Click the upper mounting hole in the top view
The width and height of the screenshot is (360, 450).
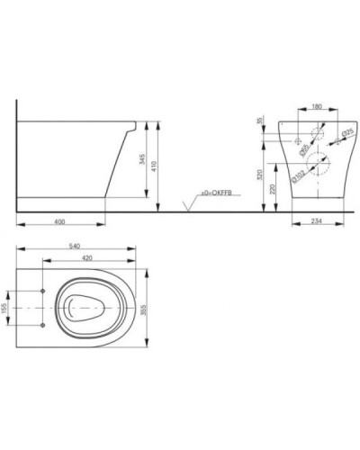click(43, 292)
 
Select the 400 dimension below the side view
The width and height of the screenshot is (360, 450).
click(59, 221)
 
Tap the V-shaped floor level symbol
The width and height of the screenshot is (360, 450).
click(187, 206)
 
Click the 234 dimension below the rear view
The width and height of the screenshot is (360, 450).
click(317, 221)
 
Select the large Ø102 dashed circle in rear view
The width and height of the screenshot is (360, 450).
click(316, 163)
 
